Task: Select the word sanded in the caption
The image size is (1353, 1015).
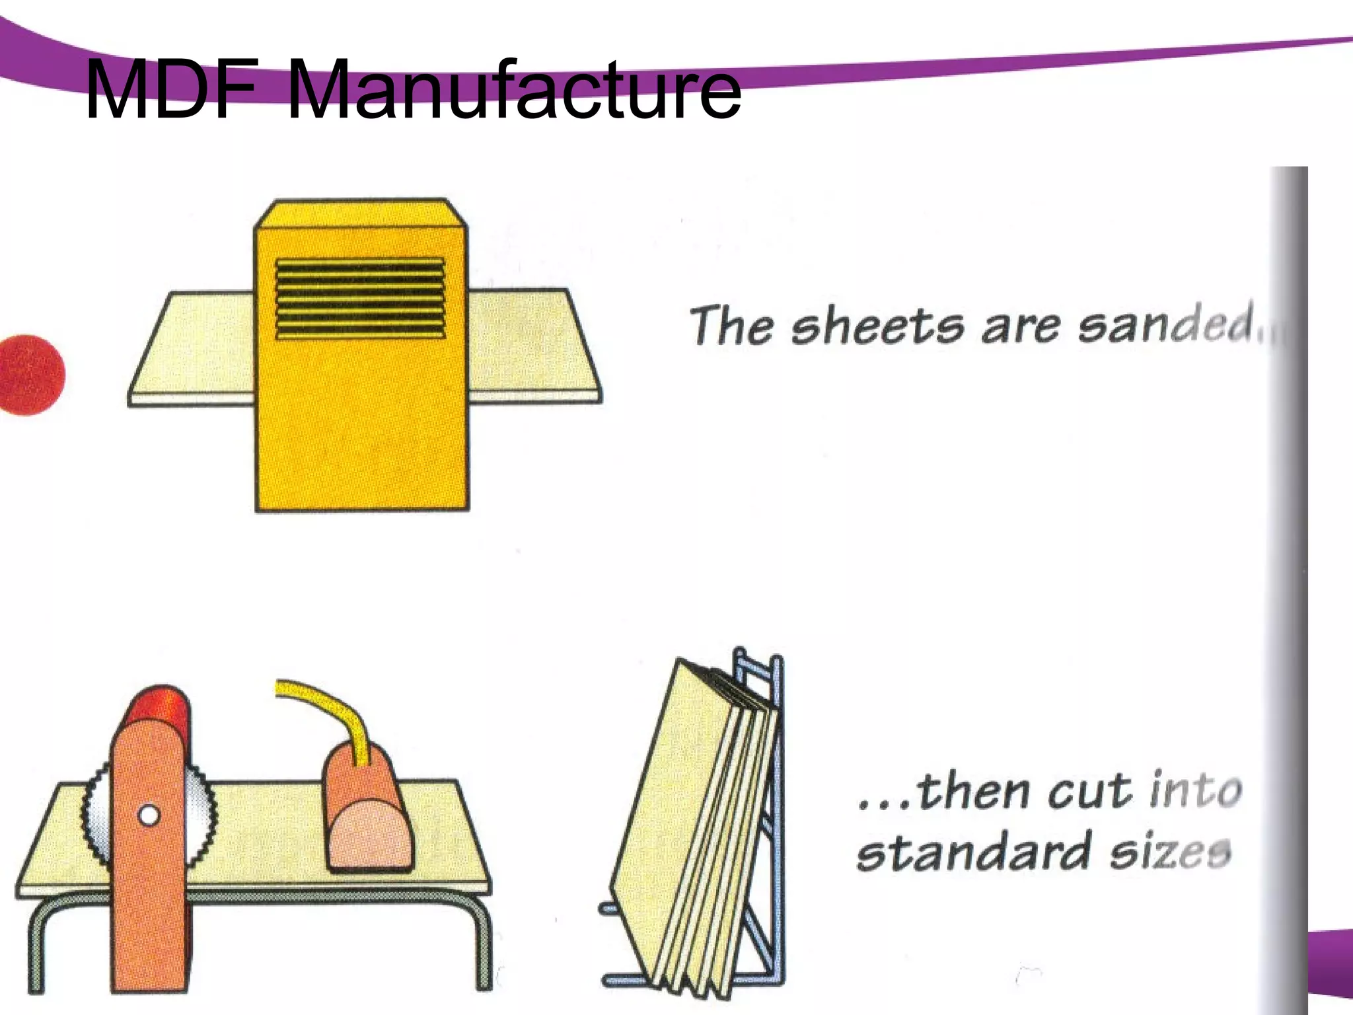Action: point(1165,324)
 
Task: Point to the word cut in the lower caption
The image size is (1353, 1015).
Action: point(1089,790)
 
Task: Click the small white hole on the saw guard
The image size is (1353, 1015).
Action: point(149,815)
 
